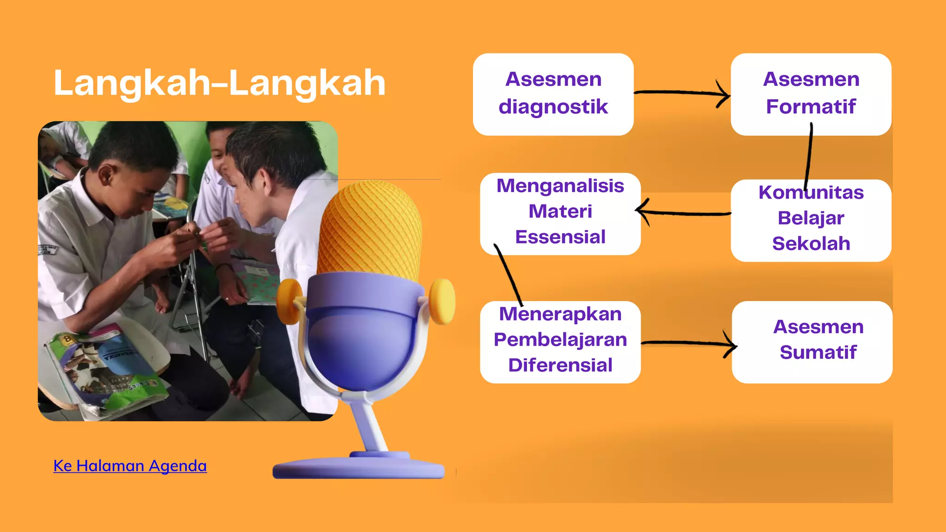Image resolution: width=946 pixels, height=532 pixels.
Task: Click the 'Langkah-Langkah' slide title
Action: [x=219, y=83]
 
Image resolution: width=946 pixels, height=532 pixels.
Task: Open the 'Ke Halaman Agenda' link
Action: [x=130, y=465]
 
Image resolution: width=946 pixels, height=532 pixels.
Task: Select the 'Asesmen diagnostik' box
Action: [x=553, y=94]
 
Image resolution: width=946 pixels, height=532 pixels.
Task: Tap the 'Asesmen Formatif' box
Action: [x=811, y=94]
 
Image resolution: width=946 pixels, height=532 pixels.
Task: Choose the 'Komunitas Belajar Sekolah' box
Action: [x=811, y=219]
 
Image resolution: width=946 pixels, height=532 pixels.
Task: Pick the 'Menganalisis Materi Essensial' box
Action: [x=560, y=212]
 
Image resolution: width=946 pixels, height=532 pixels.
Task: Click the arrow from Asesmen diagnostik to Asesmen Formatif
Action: [x=681, y=93]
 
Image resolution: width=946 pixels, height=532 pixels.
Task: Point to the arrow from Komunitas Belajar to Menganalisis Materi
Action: [x=684, y=213]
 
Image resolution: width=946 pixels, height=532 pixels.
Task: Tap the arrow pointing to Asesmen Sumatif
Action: [x=688, y=343]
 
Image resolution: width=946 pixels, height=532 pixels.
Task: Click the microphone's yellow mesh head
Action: [x=370, y=226]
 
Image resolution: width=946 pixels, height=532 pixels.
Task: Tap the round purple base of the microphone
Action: [x=358, y=467]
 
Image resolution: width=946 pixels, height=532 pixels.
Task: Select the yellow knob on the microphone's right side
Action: [x=443, y=301]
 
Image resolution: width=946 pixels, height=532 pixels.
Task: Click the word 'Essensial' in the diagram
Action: [x=560, y=237]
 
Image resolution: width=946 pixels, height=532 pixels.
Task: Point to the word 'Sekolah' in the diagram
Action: [x=811, y=244]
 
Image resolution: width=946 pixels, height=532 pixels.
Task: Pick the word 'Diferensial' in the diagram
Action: [x=560, y=365]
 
